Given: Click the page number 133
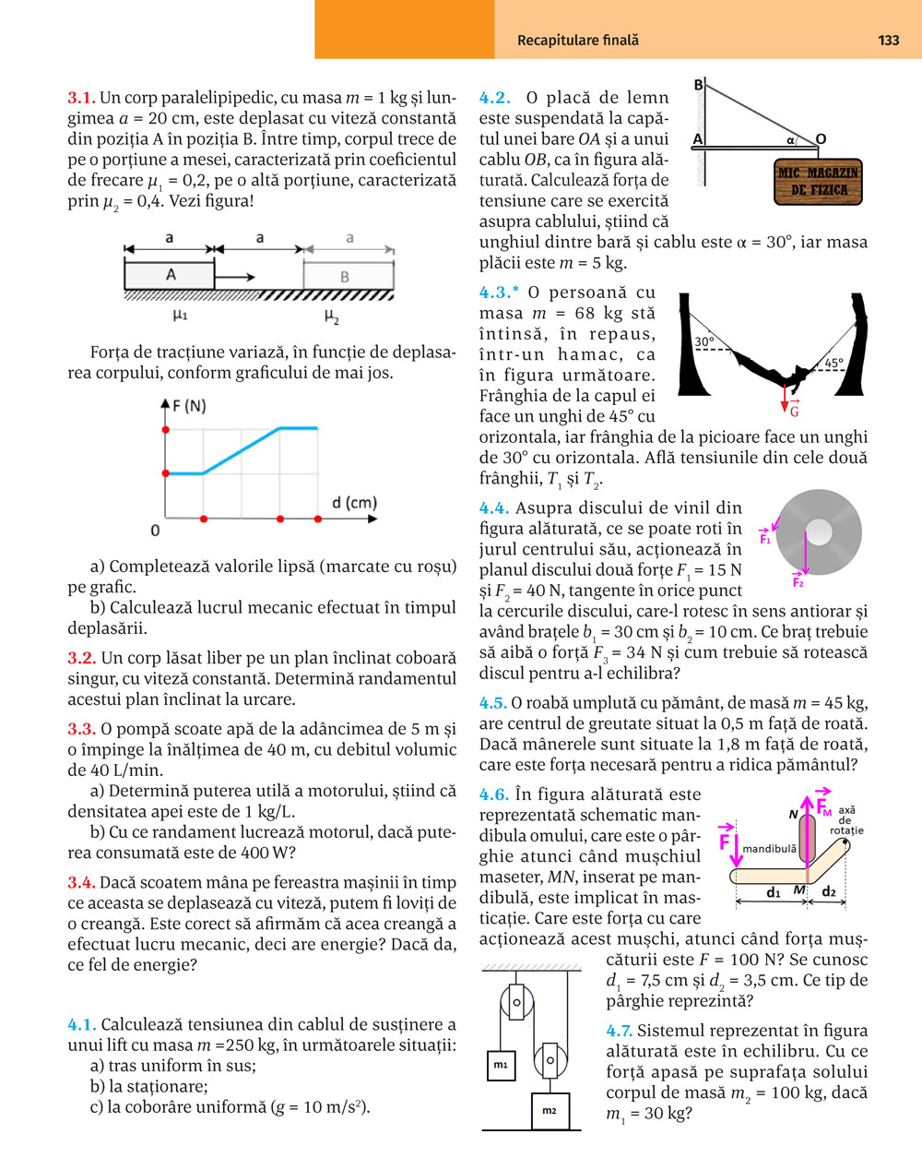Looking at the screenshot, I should [x=888, y=40].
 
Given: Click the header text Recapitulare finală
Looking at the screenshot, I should [x=577, y=40].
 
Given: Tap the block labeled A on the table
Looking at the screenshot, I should [x=171, y=275].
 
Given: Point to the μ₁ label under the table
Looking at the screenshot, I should [x=180, y=316].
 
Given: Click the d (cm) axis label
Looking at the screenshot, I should [x=354, y=503].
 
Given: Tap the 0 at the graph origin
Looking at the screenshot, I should [x=155, y=530].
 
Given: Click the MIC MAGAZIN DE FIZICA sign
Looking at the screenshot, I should [x=819, y=181].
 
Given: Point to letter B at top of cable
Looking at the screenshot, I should [x=698, y=86].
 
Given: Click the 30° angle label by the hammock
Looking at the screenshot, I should [x=704, y=341].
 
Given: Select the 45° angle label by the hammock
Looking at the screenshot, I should [x=833, y=364].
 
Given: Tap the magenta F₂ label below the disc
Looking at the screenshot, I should [x=798, y=582].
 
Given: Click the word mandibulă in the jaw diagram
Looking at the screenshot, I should [x=769, y=848].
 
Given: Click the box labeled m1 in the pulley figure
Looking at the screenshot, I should [x=501, y=1064].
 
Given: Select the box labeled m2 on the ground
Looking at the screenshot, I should [x=550, y=1110].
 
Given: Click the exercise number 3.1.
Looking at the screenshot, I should [x=81, y=98].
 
